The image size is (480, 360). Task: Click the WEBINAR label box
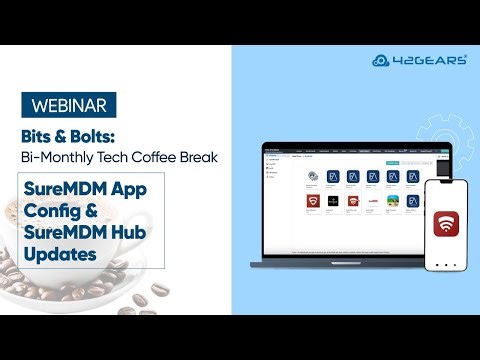(x=67, y=104)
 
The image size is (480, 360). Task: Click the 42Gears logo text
(x=433, y=59)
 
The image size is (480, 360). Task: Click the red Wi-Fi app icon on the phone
(x=446, y=224)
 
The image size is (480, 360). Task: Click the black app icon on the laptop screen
(x=334, y=201)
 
